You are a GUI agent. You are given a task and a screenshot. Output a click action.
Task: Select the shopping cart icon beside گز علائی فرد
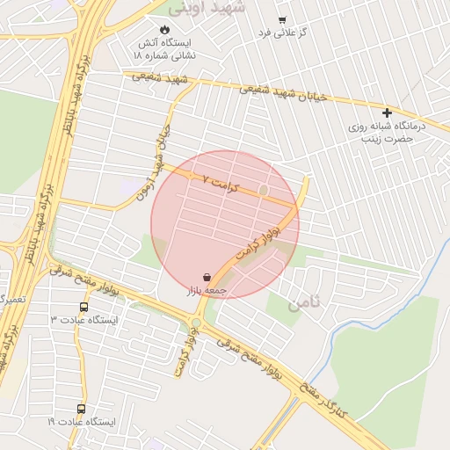point(281,20)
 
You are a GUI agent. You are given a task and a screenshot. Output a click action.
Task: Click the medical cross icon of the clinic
point(387,112)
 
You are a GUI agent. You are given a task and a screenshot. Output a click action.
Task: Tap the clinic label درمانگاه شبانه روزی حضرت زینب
point(387,133)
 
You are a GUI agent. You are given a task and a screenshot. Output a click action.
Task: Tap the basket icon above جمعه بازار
point(206,276)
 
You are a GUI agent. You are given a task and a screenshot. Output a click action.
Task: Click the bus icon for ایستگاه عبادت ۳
point(83,308)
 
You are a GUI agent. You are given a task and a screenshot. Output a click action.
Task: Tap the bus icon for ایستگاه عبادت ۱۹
point(81,409)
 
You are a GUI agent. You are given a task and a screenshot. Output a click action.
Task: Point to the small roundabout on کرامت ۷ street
point(262,190)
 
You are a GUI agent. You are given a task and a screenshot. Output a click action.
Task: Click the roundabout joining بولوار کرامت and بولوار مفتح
point(195,323)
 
